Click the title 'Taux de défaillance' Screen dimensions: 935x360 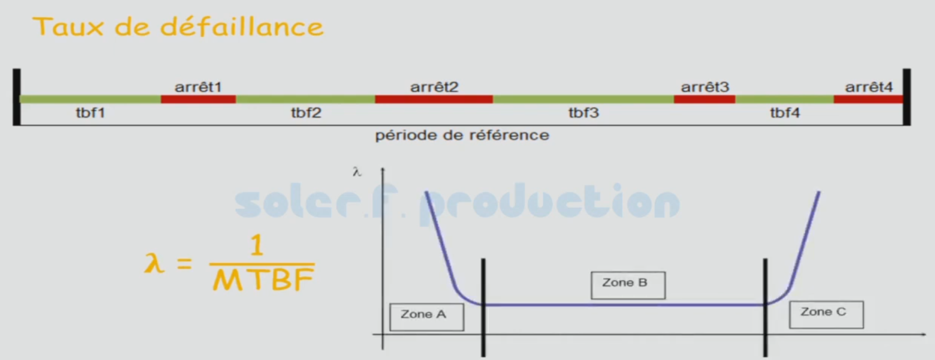tap(178, 27)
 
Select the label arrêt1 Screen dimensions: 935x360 tap(198, 87)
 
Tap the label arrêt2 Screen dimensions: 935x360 tap(435, 87)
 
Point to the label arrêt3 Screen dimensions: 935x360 tap(705, 87)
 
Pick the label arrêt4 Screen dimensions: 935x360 tap(869, 87)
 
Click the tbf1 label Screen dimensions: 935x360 tap(90, 112)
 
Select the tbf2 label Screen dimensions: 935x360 tap(306, 112)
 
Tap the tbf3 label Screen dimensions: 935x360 tap(583, 112)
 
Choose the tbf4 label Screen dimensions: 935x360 tap(785, 112)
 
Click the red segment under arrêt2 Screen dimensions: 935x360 tap(434, 99)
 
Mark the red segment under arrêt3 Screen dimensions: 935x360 tap(705, 99)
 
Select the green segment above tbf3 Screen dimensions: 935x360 tap(583, 99)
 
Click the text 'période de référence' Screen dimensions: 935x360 tap(462, 136)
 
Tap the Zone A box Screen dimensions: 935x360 tap(426, 317)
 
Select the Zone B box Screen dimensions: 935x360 tap(628, 285)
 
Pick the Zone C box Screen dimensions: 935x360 tap(826, 314)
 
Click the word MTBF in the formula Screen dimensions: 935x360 tap(263, 280)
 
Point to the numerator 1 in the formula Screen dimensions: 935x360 tap(257, 245)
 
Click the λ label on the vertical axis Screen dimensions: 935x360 tap(357, 172)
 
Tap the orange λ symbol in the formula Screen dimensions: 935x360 tap(154, 263)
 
